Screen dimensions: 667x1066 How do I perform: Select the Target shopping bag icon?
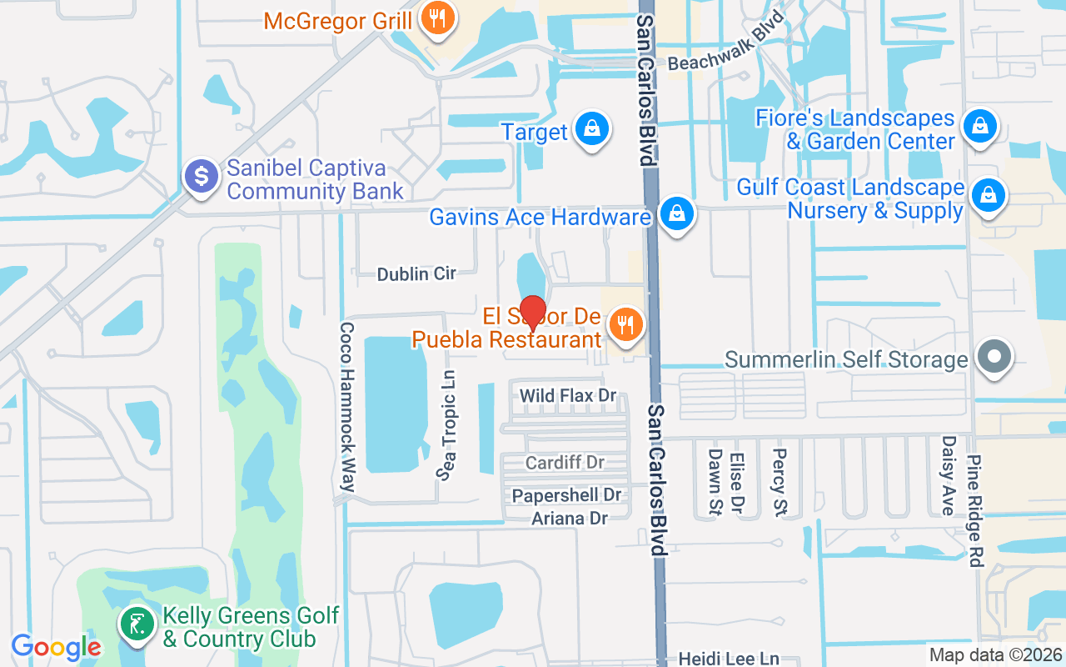coord(590,129)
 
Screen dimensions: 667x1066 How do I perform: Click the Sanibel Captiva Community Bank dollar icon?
coord(202,177)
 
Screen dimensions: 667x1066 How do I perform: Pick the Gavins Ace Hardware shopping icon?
coord(677,214)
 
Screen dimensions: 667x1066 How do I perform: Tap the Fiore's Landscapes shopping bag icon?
coord(979,128)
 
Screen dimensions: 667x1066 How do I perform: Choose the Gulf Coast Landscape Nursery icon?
coord(988,196)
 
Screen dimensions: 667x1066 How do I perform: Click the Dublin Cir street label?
coord(416,273)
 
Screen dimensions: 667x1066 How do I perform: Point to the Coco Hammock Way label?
coord(348,406)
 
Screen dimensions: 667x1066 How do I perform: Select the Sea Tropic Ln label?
coord(447,425)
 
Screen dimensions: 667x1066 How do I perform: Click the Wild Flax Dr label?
coord(567,395)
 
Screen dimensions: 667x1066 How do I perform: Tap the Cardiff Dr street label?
coord(565,462)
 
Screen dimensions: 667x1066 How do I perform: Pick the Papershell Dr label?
coord(566,495)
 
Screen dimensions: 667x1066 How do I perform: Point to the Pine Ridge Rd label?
coord(975,510)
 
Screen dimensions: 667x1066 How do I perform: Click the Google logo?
coord(56,647)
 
